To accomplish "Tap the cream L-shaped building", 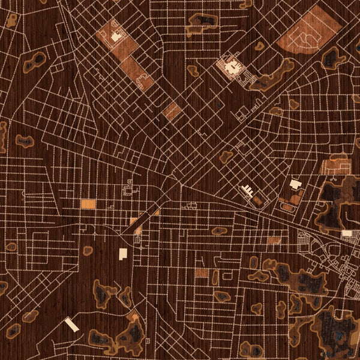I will [124, 254].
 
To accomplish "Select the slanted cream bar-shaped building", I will [72, 325].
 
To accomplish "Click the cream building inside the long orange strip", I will [115, 37].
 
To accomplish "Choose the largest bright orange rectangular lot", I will [88, 204].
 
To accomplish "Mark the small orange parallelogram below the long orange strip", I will [172, 111].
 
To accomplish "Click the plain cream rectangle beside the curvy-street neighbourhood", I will [346, 233].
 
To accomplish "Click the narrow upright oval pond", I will [215, 277].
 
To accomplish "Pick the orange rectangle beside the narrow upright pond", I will [202, 273].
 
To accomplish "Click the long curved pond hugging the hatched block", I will [273, 73].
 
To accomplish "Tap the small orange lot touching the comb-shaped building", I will [257, 200].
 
